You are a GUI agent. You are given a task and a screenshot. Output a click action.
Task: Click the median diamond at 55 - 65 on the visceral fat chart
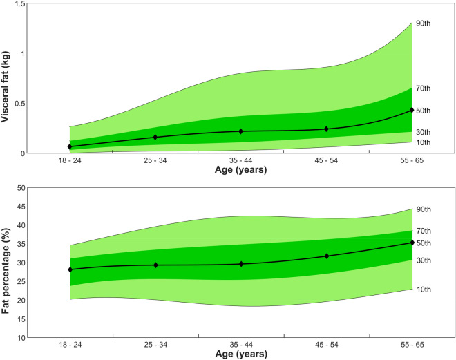(x=412, y=110)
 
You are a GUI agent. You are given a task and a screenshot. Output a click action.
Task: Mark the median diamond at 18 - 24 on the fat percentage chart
(x=70, y=269)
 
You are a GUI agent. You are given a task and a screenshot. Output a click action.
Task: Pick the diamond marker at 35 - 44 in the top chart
(x=241, y=131)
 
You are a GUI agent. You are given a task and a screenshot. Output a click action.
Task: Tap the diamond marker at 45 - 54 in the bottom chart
(x=327, y=256)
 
